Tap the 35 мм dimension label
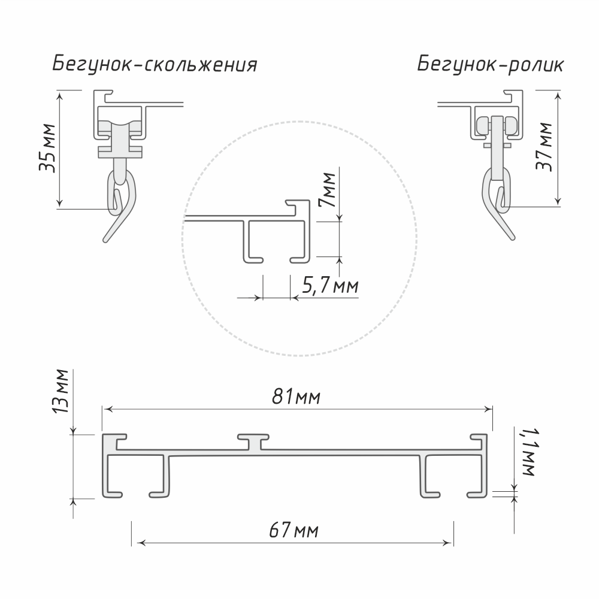pos(48,148)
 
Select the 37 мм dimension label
pos(544,147)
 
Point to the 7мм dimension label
pos(327,190)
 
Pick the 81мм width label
pos(296,397)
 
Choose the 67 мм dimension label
pos(294,531)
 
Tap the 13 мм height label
pos(60,392)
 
